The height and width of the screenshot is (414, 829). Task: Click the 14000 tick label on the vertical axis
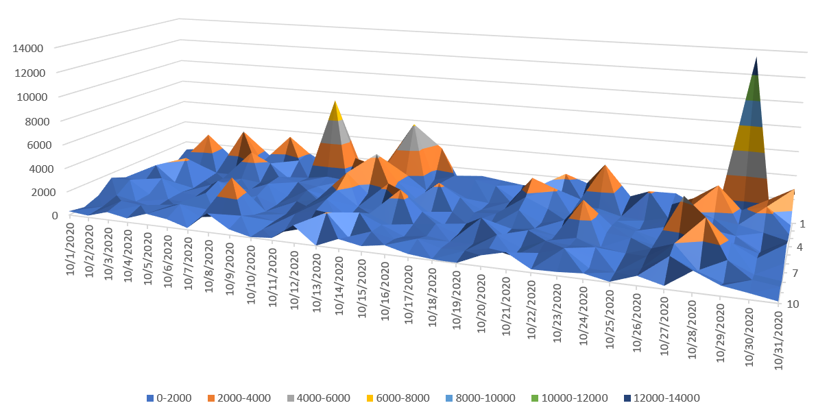28,48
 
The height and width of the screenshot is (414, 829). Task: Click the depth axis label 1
802,224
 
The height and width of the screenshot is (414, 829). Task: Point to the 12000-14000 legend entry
662,398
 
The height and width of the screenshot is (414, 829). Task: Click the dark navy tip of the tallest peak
755,66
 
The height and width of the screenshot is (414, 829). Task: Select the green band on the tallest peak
754,88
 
